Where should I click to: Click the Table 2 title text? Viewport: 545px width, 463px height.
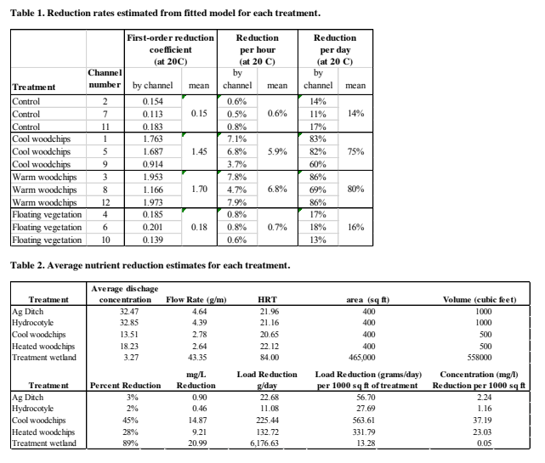tap(150, 265)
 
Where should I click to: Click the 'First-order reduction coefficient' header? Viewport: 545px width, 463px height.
tap(170, 49)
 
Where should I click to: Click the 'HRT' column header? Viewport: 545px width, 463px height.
tap(267, 299)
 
